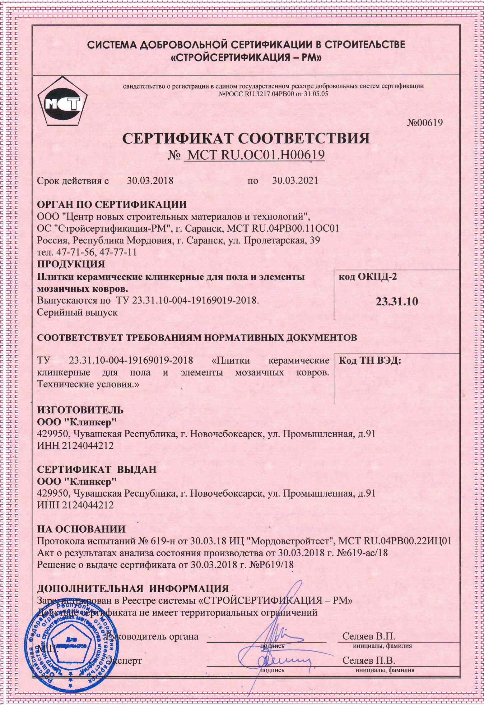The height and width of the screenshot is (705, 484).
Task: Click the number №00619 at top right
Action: pos(425,123)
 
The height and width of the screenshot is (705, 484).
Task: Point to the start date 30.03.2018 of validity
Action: pos(150,181)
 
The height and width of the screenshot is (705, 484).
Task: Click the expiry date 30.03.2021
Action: pos(295,181)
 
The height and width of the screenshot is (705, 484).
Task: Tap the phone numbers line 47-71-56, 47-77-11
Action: pos(87,252)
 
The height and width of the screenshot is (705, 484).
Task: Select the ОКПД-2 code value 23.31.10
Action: pos(397,301)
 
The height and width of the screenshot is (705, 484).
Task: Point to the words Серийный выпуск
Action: pos(77,312)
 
